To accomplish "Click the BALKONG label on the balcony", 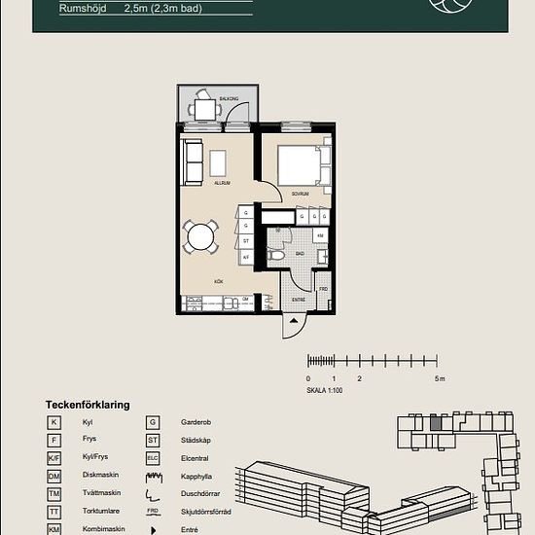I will [x=229, y=99].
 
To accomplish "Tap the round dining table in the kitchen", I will [x=201, y=236].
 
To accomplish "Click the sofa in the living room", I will [x=192, y=160].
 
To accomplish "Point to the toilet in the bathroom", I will [x=277, y=255].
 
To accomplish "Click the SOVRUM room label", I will [x=300, y=194].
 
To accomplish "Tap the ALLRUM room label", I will [x=222, y=182].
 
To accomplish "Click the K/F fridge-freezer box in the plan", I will [x=246, y=256].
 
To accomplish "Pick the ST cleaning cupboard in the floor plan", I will [x=246, y=240].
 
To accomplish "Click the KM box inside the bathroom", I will [x=320, y=236].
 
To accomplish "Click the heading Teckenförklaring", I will [x=88, y=404].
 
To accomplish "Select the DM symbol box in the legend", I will [x=55, y=476].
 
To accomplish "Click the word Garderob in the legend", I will [x=197, y=422].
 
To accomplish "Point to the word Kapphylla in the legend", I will [x=197, y=476].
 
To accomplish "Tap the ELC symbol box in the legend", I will [x=153, y=457].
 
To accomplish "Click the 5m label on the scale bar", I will [x=440, y=378].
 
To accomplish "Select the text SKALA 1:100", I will [x=325, y=390].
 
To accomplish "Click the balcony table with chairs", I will [x=204, y=108].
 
